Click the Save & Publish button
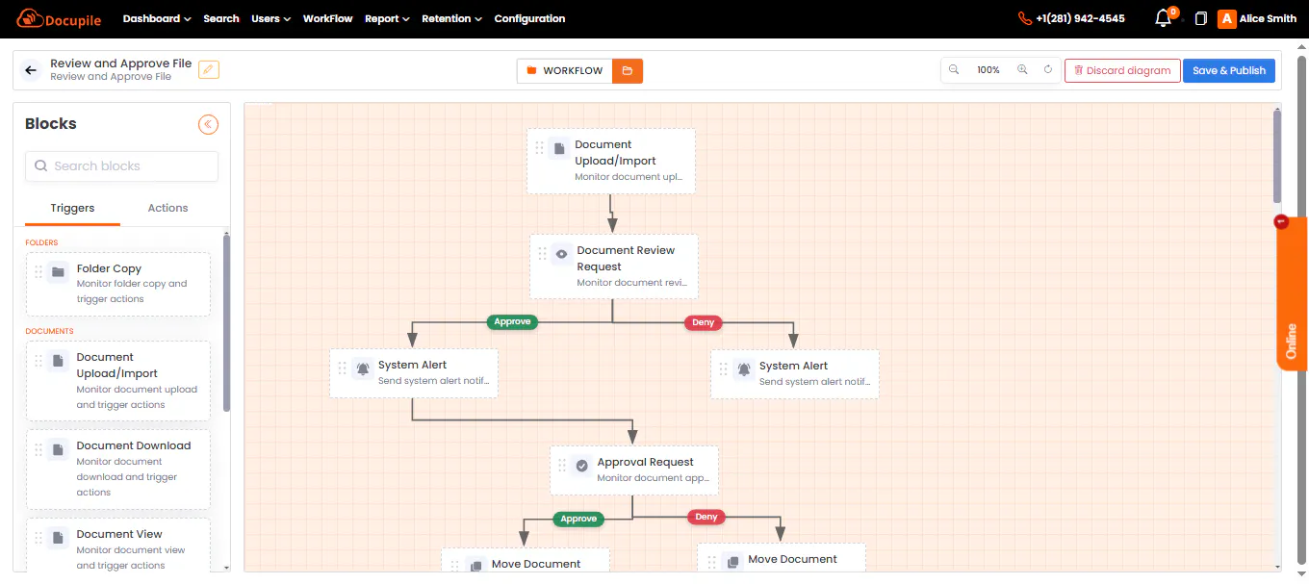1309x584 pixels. [1228, 70]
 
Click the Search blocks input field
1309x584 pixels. [121, 165]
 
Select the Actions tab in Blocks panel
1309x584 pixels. [167, 208]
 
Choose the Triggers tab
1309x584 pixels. [72, 208]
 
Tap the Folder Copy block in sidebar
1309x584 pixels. [118, 284]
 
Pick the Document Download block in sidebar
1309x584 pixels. [118, 469]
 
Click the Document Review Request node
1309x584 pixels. [614, 267]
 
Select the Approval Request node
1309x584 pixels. [634, 470]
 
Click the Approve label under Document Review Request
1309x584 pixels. [512, 321]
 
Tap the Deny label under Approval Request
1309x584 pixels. [706, 517]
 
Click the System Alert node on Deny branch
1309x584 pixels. [795, 373]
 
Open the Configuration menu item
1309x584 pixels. [529, 18]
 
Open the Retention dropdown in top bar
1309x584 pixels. [451, 18]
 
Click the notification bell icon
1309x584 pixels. [1163, 18]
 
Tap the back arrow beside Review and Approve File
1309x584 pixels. [31, 70]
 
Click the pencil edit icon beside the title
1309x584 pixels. [209, 70]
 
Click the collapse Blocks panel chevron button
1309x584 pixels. [208, 124]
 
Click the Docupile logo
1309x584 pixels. [59, 18]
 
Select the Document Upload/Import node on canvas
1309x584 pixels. [611, 161]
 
